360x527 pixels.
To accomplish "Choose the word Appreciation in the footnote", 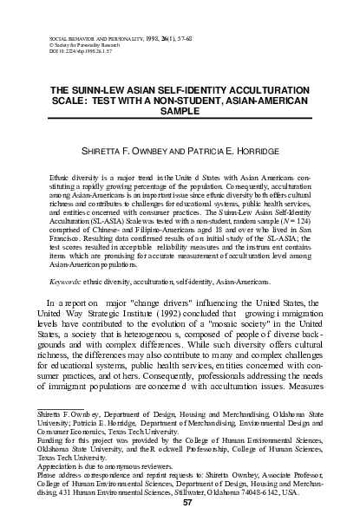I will (x=70, y=465).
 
